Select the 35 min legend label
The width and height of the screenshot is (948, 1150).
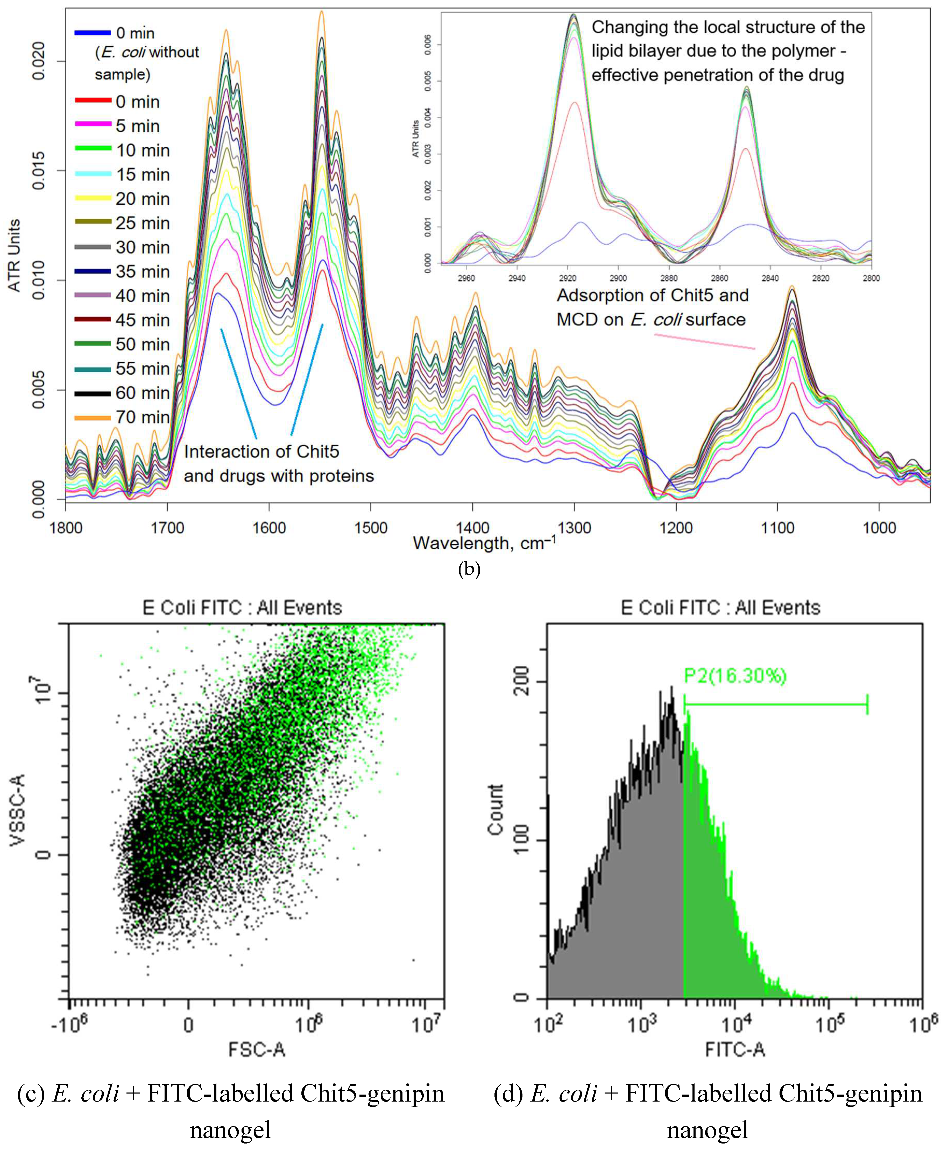(143, 272)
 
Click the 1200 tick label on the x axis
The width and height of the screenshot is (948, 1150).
(676, 528)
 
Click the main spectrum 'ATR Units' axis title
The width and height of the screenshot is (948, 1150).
(14, 255)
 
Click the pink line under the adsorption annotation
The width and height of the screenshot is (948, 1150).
(704, 342)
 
